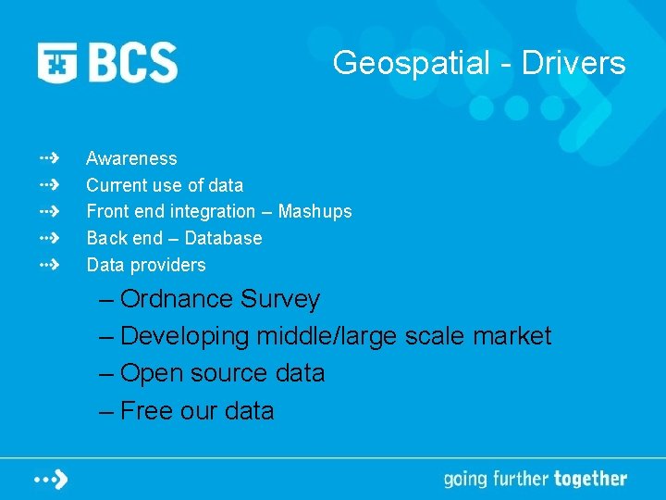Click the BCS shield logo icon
coord(58,63)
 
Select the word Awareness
coord(131,158)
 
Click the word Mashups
coord(314,211)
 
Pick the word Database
coord(223,238)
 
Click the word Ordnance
coord(177,299)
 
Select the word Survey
coord(280,299)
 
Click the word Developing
coord(185,336)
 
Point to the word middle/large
coord(327,336)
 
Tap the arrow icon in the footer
coord(51,479)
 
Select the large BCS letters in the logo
coord(132,63)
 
